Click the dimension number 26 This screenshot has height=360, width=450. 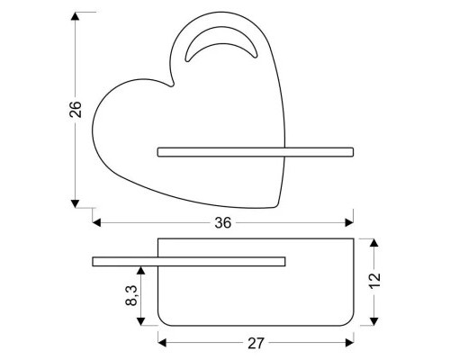pyautogui.click(x=76, y=108)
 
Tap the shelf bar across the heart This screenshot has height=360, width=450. pyautogui.click(x=256, y=151)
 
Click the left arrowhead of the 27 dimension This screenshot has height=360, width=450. pyautogui.click(x=163, y=341)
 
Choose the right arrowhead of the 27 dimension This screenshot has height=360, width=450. pyautogui.click(x=351, y=341)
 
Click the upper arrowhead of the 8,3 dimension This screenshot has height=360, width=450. pyautogui.click(x=142, y=270)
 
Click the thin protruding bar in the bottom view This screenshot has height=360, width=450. pyautogui.click(x=189, y=261)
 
